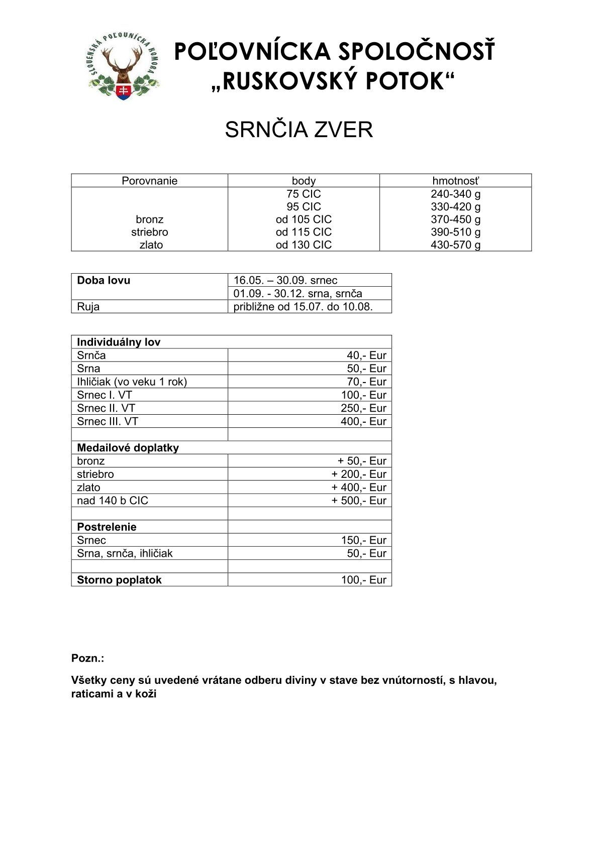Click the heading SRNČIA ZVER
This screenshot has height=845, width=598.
click(298, 130)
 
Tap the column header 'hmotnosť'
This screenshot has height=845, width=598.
click(455, 181)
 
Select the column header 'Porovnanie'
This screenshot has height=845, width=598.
click(149, 181)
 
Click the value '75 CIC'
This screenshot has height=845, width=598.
click(304, 194)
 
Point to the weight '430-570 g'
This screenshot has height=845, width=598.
click(455, 245)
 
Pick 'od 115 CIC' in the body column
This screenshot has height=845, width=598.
click(304, 232)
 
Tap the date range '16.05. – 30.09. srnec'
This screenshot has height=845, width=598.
click(285, 280)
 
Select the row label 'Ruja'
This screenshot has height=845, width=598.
click(88, 307)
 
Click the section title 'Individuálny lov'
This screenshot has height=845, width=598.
click(119, 342)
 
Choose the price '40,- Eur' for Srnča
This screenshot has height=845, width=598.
click(366, 355)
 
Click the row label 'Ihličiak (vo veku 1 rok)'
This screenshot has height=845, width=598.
click(132, 382)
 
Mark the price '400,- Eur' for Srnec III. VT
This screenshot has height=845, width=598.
click(363, 421)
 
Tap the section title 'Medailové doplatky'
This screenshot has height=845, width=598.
click(128, 448)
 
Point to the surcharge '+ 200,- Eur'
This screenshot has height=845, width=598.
click(359, 474)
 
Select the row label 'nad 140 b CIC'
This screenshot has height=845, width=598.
click(113, 501)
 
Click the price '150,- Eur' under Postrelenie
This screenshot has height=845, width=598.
click(363, 540)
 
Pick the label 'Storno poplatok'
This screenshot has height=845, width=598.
click(119, 580)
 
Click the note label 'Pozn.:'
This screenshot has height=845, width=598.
click(87, 658)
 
